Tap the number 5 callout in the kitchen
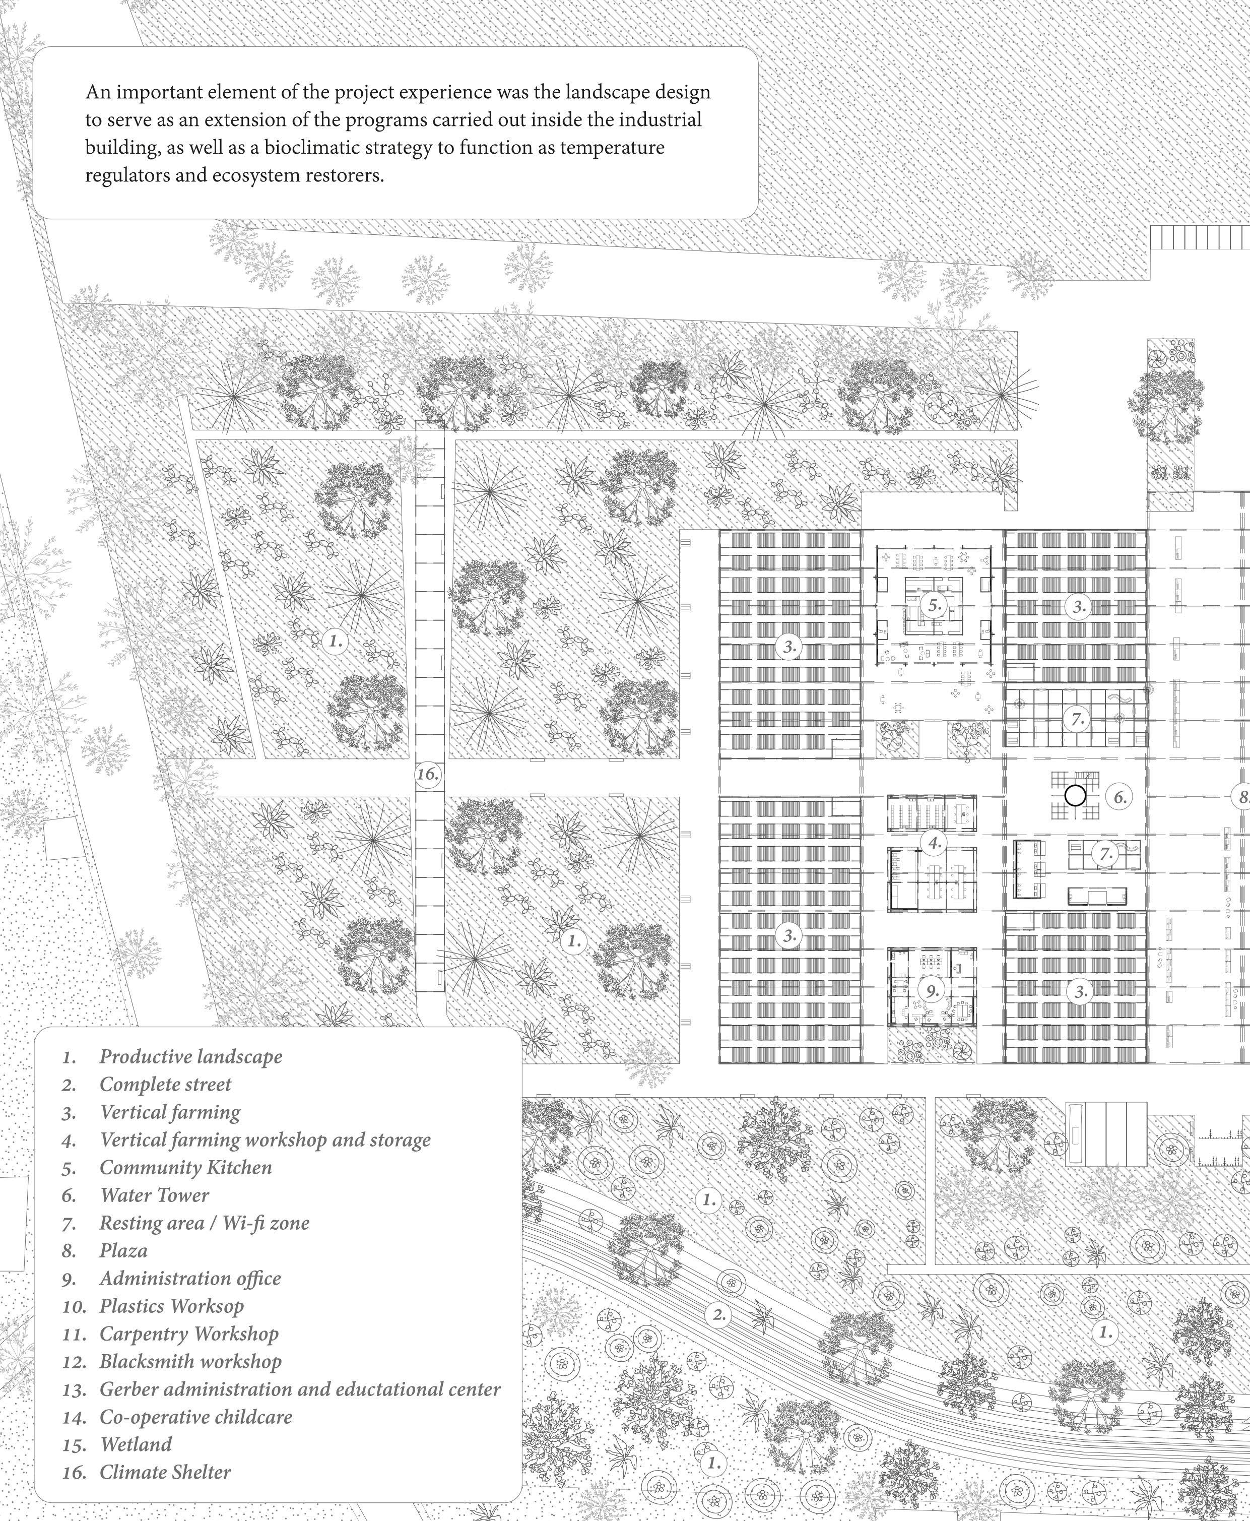(x=935, y=606)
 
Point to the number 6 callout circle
(x=1120, y=797)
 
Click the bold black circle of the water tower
(x=1074, y=795)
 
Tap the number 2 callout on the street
(x=718, y=1314)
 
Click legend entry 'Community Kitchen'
(x=186, y=1167)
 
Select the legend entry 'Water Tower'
(x=154, y=1195)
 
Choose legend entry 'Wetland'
(x=136, y=1444)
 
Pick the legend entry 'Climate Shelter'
(x=165, y=1472)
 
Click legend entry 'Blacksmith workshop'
(x=190, y=1361)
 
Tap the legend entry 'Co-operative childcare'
(x=196, y=1417)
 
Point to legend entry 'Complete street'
(x=166, y=1084)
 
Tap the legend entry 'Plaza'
(x=123, y=1250)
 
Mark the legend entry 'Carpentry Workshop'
(x=188, y=1333)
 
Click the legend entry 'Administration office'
(x=190, y=1278)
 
